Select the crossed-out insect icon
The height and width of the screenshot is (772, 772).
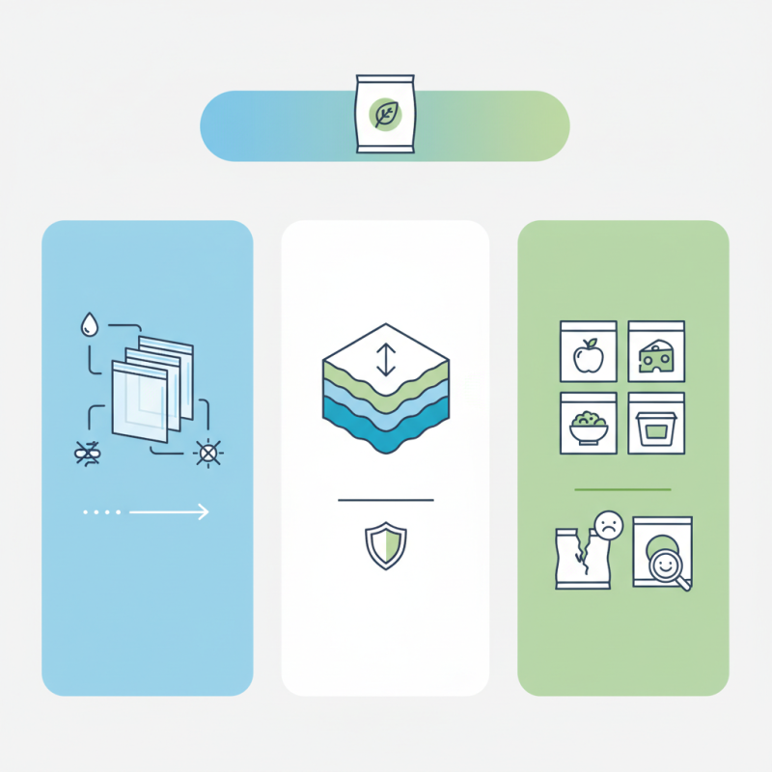(x=88, y=453)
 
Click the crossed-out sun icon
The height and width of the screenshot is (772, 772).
(x=206, y=453)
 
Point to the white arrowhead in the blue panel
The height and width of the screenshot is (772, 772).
(x=202, y=512)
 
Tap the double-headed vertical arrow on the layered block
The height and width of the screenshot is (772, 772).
(x=385, y=359)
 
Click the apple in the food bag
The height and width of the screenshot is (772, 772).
(x=588, y=357)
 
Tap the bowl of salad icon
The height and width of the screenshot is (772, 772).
(x=588, y=427)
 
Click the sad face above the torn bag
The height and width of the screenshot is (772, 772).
(x=607, y=525)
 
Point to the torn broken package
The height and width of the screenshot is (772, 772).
(x=580, y=559)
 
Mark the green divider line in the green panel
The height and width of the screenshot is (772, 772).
(x=622, y=489)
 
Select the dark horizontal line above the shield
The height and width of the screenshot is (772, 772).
(x=385, y=500)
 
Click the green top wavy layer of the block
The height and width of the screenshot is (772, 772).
(x=385, y=381)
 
